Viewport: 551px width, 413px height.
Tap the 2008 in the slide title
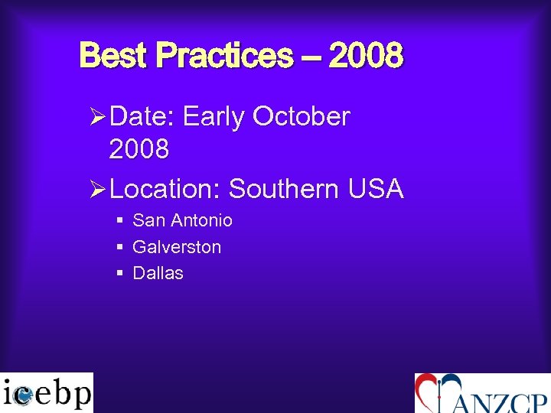[366, 56]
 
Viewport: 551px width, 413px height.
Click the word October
[301, 117]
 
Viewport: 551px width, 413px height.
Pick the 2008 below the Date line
[139, 150]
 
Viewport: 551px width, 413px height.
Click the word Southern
[283, 188]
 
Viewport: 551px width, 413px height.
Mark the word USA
[374, 188]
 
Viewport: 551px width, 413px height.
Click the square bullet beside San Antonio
[120, 221]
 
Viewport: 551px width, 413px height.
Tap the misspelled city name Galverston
[177, 247]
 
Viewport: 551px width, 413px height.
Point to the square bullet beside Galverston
[120, 247]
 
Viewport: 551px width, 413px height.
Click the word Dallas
[158, 273]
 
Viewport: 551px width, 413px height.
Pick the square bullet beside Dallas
[120, 273]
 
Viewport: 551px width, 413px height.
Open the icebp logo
[47, 393]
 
